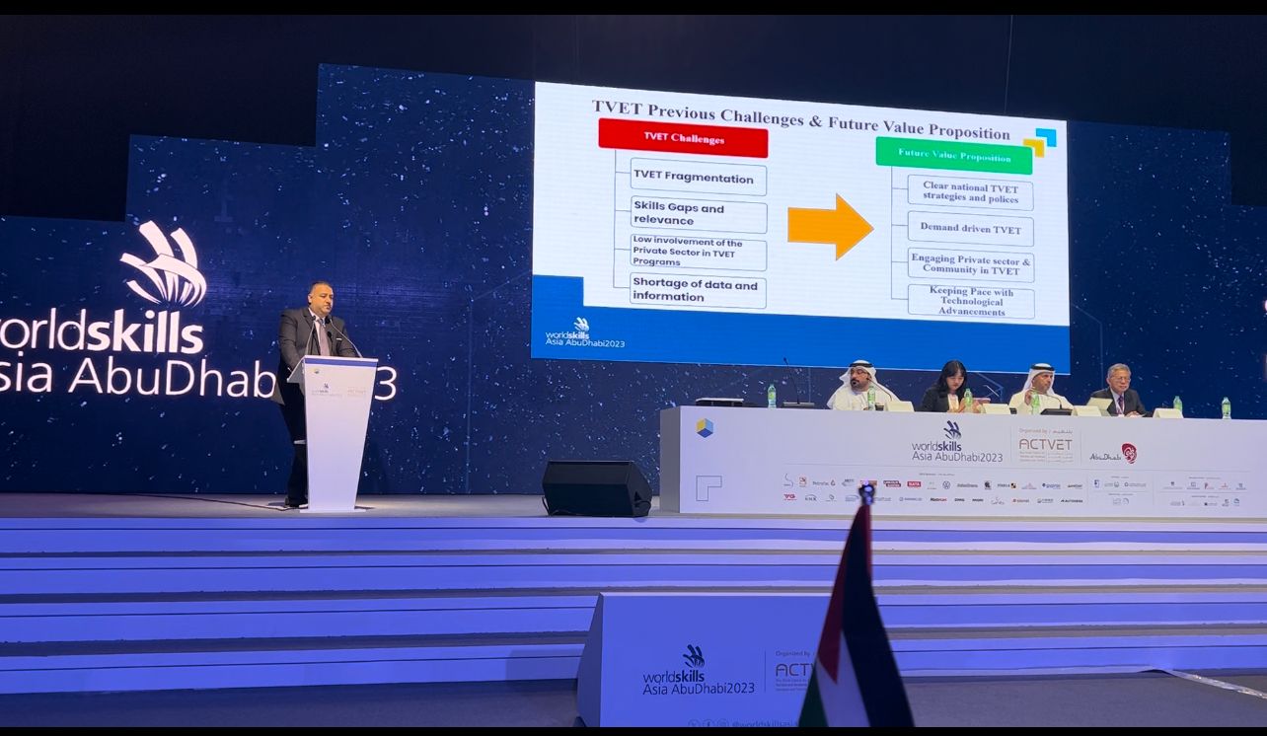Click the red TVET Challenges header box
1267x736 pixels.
tap(683, 139)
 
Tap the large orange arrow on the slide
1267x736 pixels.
tap(830, 227)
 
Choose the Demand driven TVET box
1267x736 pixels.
tap(970, 230)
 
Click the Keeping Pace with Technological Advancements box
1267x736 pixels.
tap(971, 302)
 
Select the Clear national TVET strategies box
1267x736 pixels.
tap(970, 192)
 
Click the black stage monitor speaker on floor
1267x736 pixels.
tap(596, 488)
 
